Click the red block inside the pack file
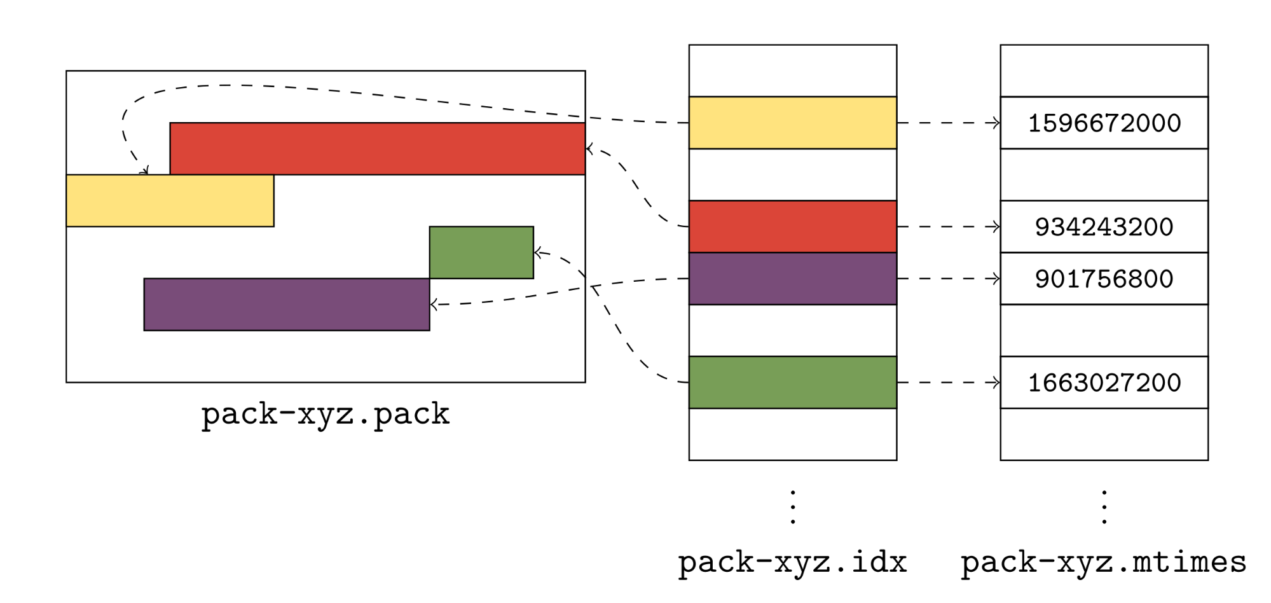coord(377,148)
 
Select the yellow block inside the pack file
coord(170,200)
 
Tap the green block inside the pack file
coord(481,253)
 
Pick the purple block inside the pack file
coord(287,304)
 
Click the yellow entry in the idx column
coord(792,123)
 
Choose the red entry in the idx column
coord(792,226)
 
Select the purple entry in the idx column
coord(792,279)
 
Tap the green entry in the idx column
coord(792,382)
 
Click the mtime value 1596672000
coord(1104,123)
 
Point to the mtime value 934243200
coord(1104,227)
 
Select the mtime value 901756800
coord(1104,279)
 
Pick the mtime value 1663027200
coord(1104,382)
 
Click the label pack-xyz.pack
coord(326,414)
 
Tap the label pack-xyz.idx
coord(792,562)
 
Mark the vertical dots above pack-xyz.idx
coord(792,507)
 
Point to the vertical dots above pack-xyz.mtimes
coord(1104,507)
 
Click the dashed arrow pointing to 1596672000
coord(948,123)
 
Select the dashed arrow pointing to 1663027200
coord(948,382)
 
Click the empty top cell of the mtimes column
coord(1104,71)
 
